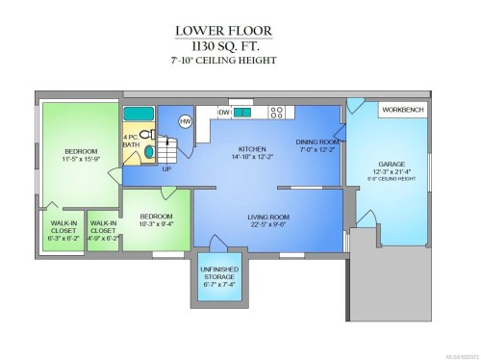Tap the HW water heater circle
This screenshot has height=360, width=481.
pyautogui.click(x=186, y=120)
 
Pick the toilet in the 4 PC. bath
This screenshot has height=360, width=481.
pyautogui.click(x=145, y=136)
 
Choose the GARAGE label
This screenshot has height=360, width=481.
pyautogui.click(x=389, y=165)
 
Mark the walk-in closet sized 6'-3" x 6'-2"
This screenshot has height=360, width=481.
pyautogui.click(x=63, y=237)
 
